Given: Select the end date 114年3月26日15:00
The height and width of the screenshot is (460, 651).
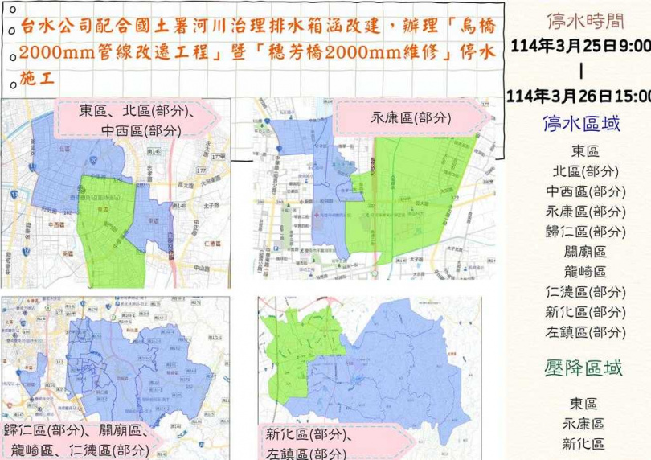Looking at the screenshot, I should pos(579,96).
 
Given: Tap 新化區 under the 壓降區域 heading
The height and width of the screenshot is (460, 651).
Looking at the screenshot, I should pos(584,443).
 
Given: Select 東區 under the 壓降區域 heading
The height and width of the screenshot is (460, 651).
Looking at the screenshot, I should pos(584,404).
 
